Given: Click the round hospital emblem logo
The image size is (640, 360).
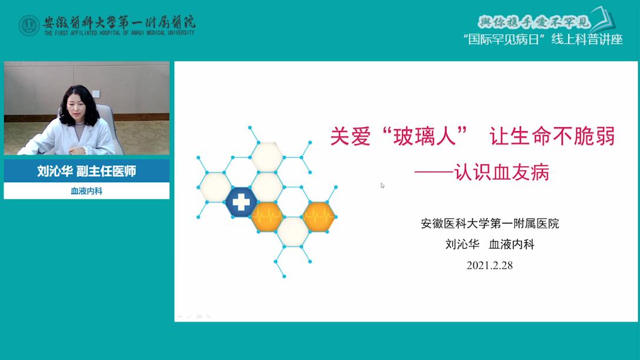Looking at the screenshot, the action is tap(29, 25).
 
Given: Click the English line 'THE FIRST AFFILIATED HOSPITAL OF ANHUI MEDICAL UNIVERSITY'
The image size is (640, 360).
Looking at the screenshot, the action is tap(119, 33).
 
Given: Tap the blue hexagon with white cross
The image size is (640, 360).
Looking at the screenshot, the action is tap(241, 202).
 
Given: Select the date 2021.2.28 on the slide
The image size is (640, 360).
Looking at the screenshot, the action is tap(489, 265).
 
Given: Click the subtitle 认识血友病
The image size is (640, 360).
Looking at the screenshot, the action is tap(502, 172).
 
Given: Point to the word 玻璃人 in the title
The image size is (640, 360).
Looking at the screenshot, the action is tap(425, 136).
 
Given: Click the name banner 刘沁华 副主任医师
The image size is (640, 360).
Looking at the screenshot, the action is tap(86, 171).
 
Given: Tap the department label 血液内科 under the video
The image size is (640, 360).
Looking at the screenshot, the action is tap(86, 191).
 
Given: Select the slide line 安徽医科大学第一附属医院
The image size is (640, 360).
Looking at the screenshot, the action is tap(490, 224).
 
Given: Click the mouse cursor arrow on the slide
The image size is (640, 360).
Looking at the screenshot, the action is tap(382, 185).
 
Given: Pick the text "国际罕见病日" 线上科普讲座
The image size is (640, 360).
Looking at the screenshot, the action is tap(543, 39).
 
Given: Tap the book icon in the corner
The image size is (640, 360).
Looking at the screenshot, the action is tap(604, 19).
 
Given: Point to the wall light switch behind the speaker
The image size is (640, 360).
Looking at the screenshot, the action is tap(96, 94).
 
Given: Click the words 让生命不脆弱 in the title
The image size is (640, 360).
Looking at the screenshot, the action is tap(552, 136).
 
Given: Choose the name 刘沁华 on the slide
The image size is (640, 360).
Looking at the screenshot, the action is tap(462, 245).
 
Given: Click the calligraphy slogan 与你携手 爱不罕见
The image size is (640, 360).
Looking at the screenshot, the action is tap(534, 22).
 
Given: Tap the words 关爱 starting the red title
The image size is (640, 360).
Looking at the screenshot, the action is tap(350, 136).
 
